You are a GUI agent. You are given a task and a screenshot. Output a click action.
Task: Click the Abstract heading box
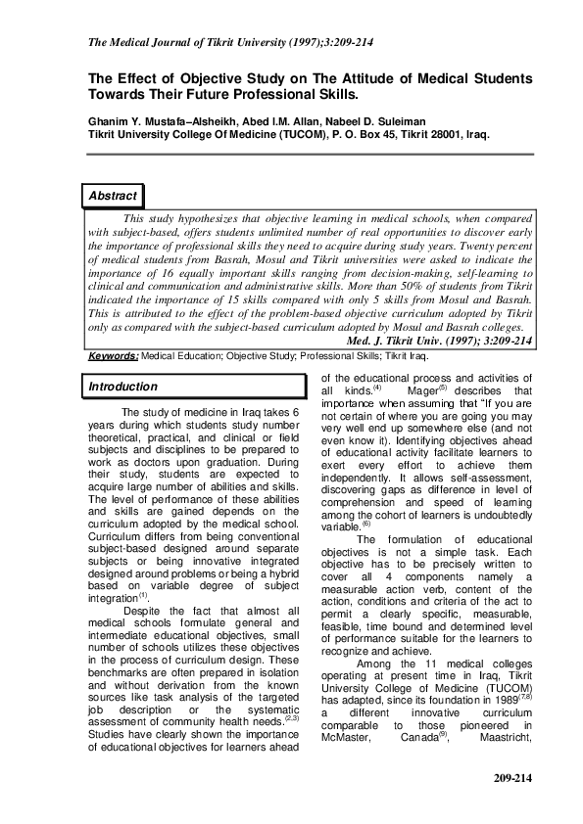113,197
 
